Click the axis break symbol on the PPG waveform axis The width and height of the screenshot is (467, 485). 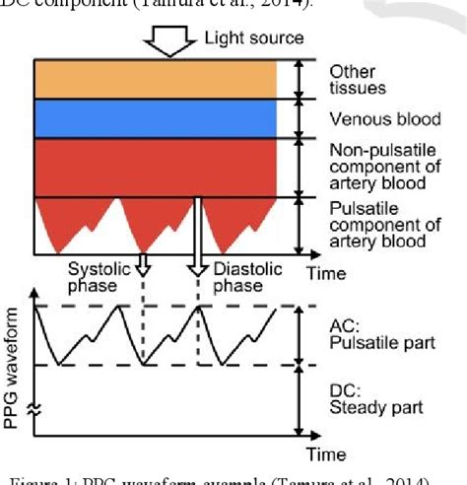coord(35,415)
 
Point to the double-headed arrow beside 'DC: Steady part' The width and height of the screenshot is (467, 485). coord(299,399)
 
